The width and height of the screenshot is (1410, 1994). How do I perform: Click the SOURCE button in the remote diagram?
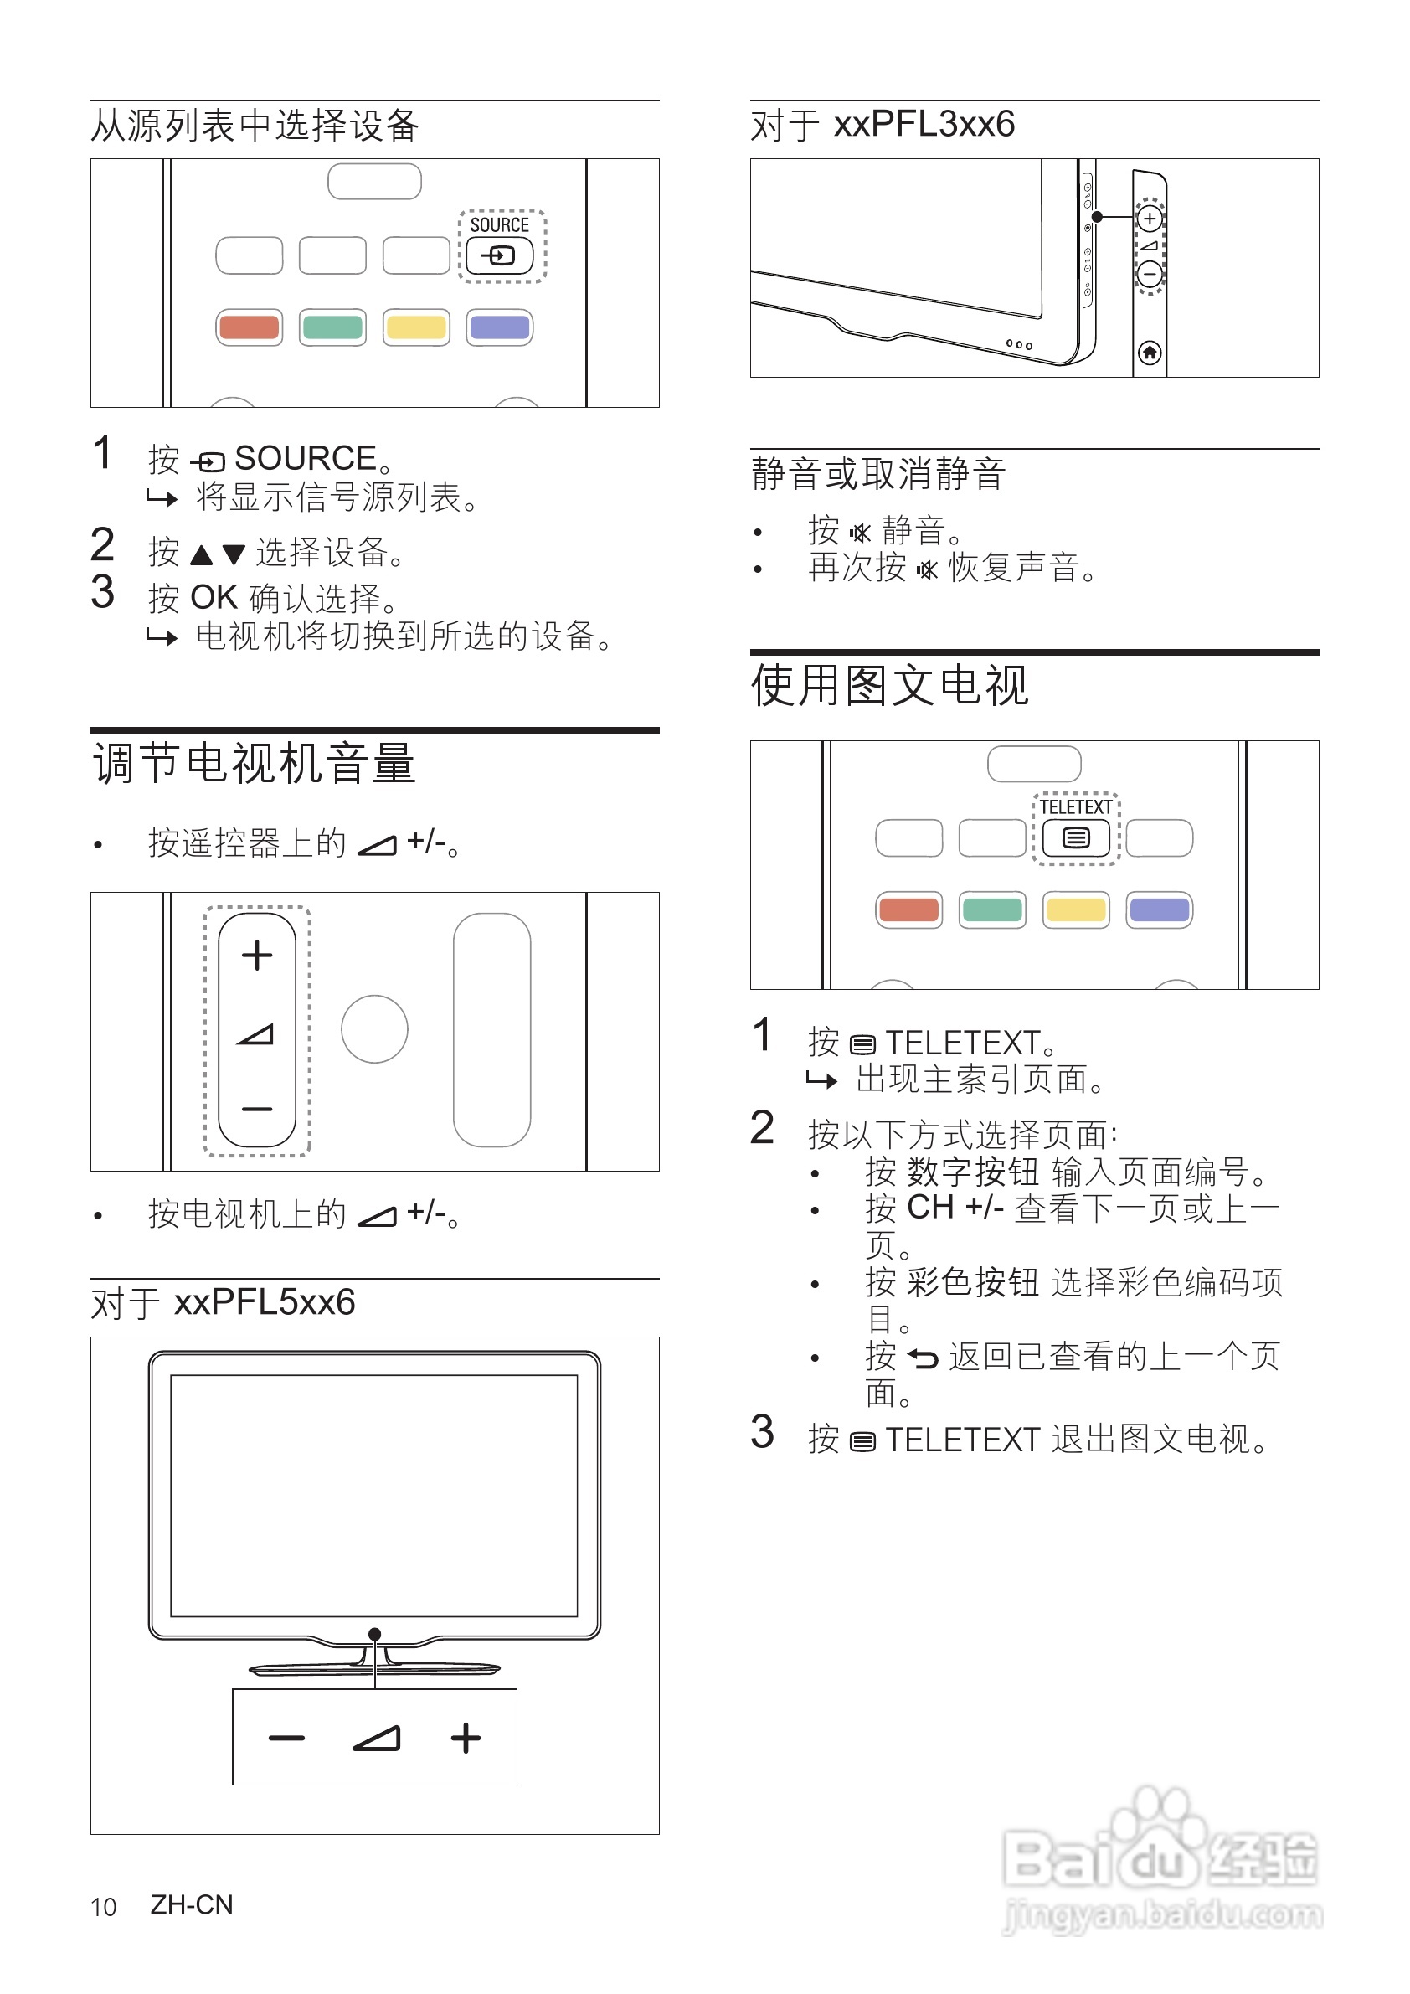click(499, 255)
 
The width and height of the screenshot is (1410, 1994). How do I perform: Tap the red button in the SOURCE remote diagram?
click(250, 327)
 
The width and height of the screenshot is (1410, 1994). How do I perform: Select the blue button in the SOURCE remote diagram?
click(499, 327)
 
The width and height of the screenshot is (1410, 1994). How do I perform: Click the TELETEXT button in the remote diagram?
click(1076, 837)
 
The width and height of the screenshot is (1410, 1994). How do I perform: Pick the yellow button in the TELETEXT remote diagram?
click(1076, 909)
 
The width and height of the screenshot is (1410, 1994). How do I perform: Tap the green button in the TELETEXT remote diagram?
click(992, 909)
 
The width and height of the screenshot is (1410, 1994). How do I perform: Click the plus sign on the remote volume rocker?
click(257, 956)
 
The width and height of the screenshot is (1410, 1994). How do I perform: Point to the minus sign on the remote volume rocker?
click(257, 1109)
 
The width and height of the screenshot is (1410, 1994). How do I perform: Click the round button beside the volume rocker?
click(374, 1029)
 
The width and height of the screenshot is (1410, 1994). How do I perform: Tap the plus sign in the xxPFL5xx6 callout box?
click(466, 1738)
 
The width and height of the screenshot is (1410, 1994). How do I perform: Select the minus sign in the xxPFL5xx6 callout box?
click(286, 1738)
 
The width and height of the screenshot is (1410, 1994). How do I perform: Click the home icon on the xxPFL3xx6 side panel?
click(1150, 353)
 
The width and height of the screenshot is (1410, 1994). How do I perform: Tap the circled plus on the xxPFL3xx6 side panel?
click(1150, 218)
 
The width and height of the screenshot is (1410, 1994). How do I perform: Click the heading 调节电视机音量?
click(254, 765)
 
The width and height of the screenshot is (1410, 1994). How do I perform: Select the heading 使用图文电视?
click(890, 686)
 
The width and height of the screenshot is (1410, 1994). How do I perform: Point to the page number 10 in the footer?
click(103, 1907)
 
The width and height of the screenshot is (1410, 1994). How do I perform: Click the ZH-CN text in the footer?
click(192, 1904)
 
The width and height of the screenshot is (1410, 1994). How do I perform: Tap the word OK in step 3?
click(214, 597)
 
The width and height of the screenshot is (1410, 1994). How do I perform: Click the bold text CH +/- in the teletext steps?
click(955, 1208)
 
